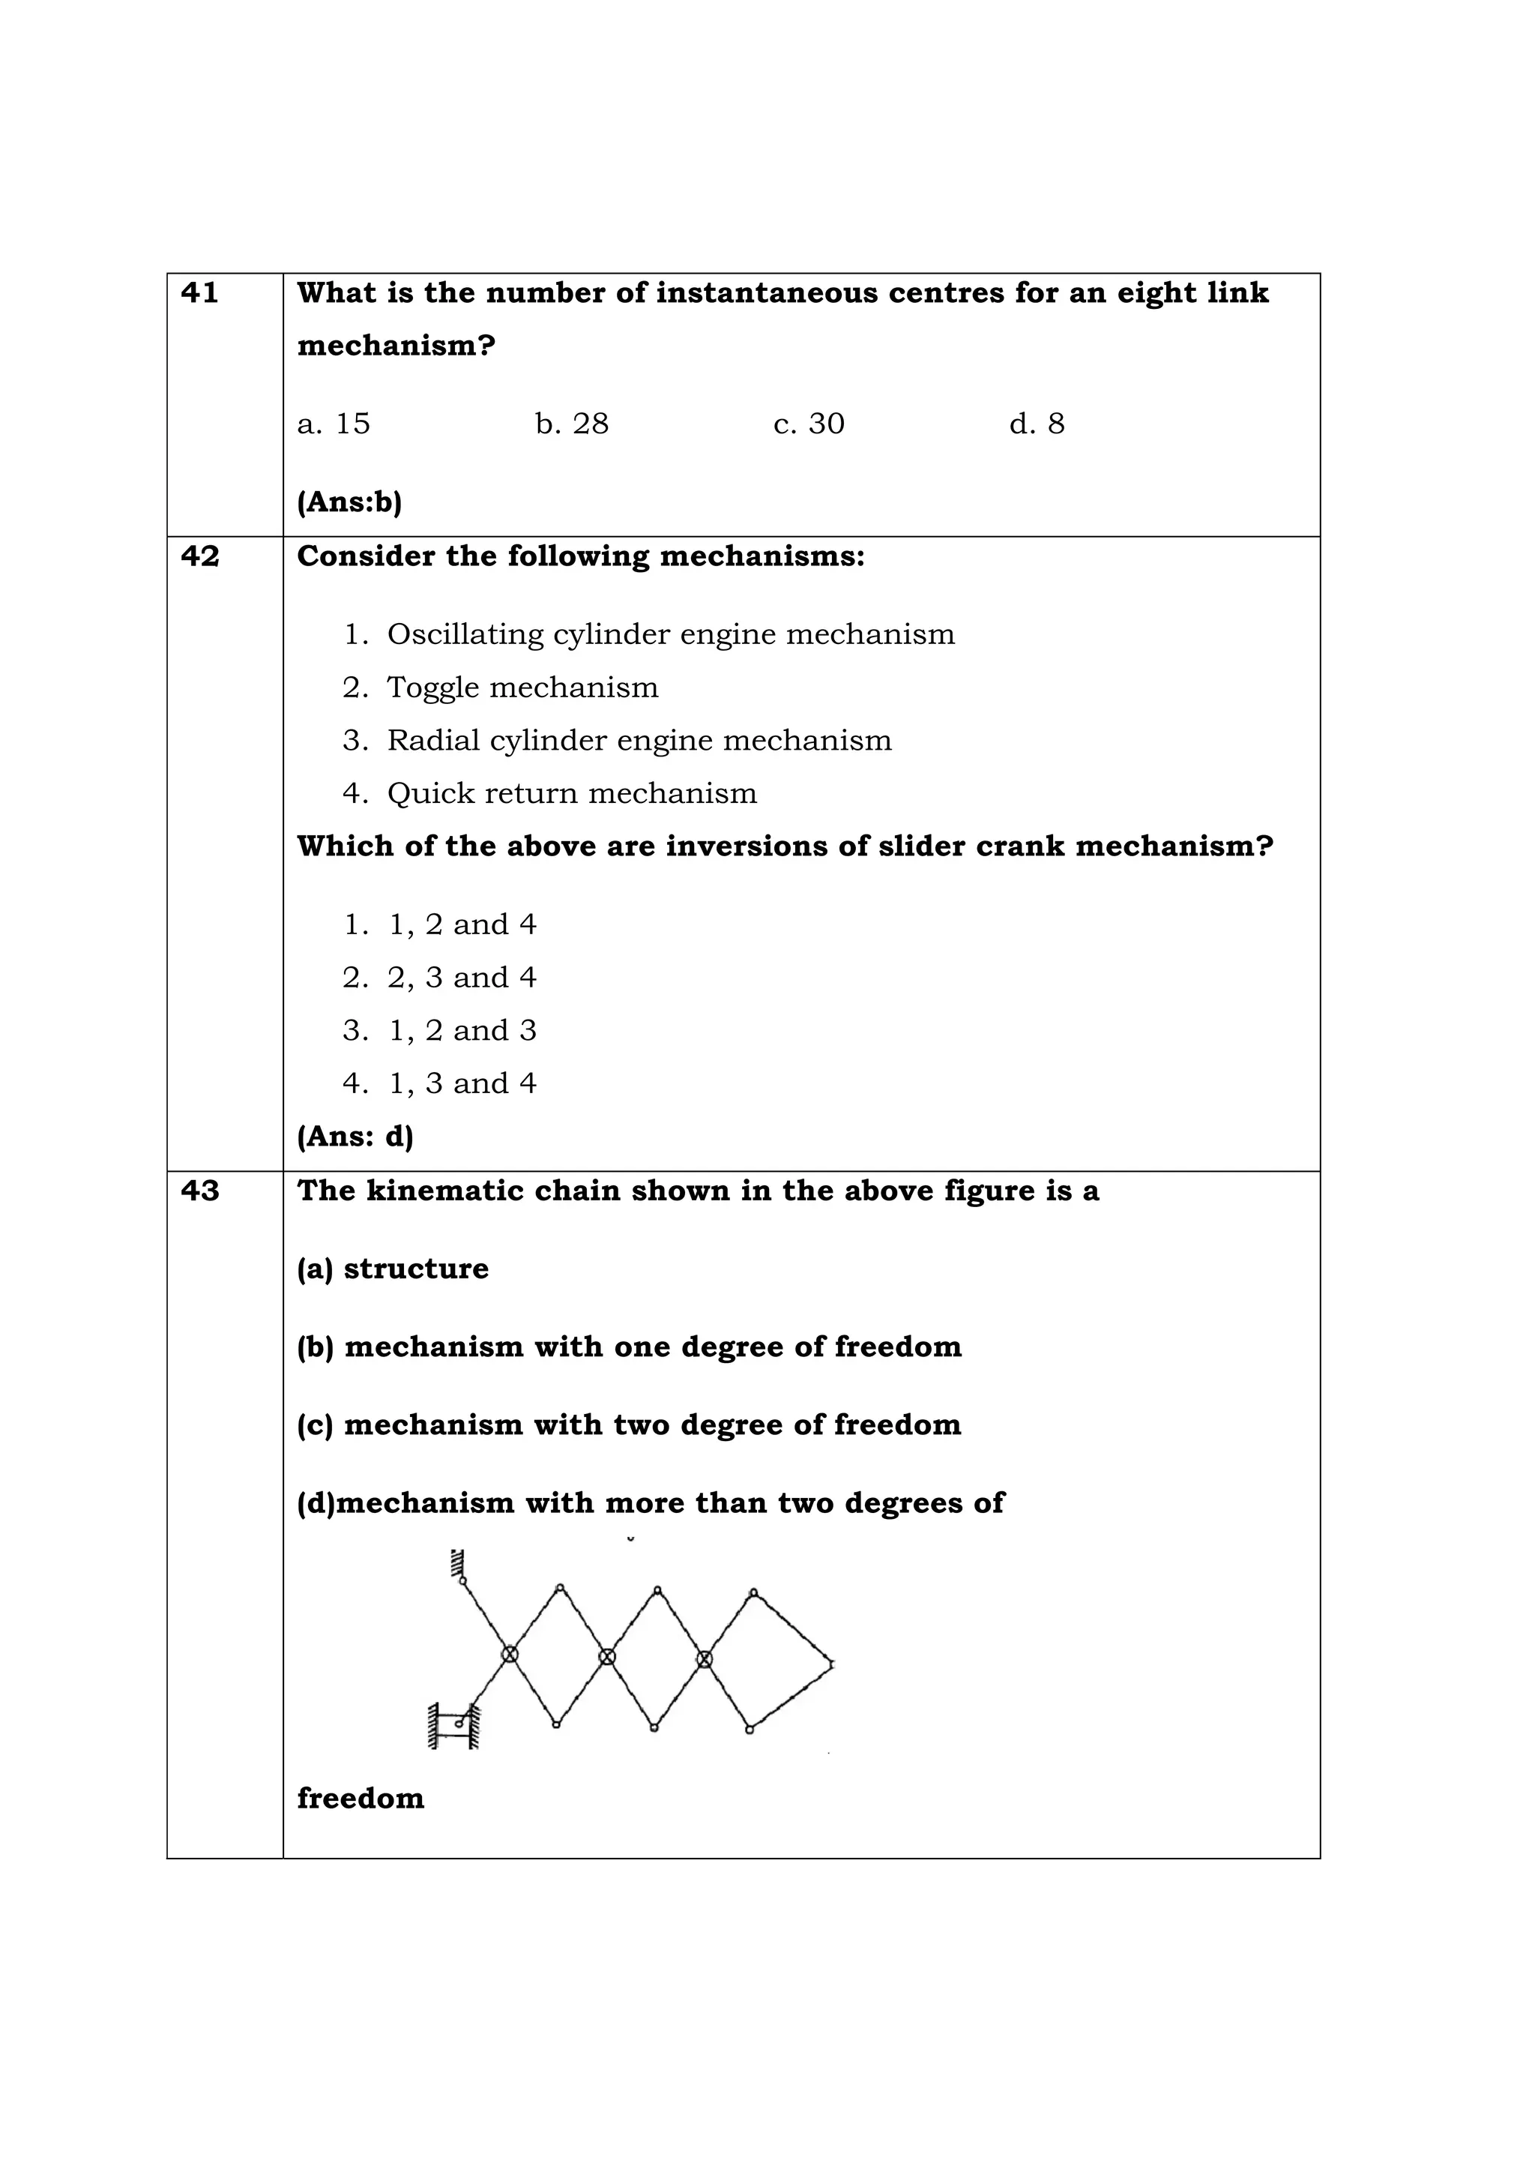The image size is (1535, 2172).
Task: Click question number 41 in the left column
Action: coord(199,293)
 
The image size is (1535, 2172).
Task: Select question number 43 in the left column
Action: coord(199,1190)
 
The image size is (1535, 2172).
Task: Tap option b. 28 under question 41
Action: coord(571,424)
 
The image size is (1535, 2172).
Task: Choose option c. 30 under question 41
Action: coord(809,424)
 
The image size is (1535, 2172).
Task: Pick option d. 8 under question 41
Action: coord(1037,424)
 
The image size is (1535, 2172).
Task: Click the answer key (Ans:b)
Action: coord(349,502)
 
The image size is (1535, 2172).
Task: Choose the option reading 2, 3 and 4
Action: coord(462,977)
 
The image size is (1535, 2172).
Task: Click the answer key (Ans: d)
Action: coord(355,1136)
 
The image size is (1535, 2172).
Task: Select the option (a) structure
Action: coord(393,1269)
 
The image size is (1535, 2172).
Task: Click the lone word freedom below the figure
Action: coord(361,1797)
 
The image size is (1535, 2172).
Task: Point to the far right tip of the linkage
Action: coord(831,1663)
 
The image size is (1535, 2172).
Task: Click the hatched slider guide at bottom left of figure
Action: coord(453,1725)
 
